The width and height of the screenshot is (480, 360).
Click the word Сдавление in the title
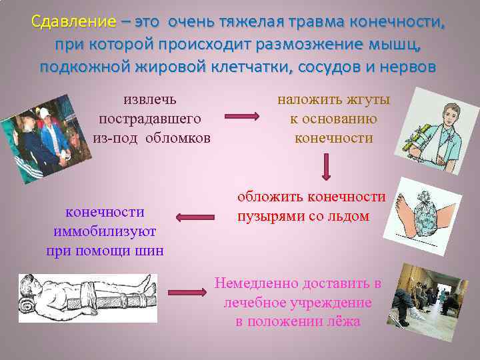click(73, 22)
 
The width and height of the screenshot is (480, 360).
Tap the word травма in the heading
click(319, 22)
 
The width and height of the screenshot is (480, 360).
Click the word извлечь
click(150, 99)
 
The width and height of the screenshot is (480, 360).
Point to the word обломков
click(178, 138)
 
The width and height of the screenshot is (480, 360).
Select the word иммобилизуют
click(105, 231)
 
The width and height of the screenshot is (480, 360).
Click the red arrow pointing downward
click(326, 167)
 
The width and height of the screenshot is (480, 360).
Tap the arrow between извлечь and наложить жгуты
click(241, 117)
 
